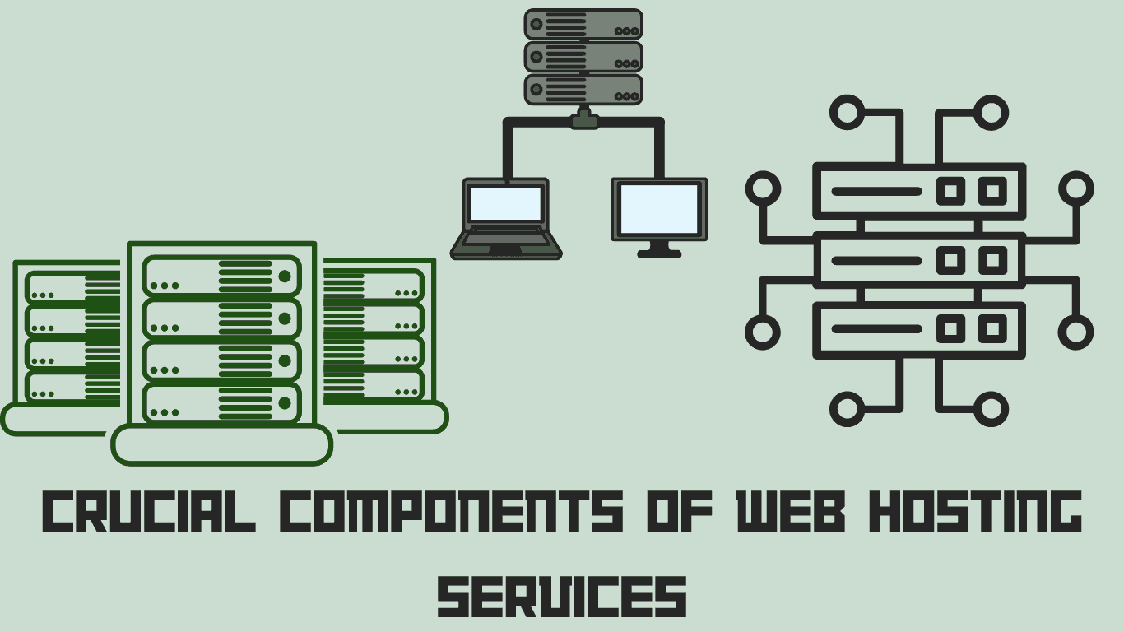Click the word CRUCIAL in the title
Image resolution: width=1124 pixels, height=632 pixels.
148,511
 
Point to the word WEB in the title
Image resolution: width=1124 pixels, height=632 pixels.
790,511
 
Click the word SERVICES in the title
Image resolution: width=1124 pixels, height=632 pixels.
562,596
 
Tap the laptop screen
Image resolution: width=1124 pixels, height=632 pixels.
506,203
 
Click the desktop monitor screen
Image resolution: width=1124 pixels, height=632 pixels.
659,208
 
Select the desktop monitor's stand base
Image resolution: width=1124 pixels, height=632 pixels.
659,253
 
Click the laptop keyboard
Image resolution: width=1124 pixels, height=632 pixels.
506,239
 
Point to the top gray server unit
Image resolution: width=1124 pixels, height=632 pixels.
583,24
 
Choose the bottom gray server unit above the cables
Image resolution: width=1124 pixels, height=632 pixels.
583,90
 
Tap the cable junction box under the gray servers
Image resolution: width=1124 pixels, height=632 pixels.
584,121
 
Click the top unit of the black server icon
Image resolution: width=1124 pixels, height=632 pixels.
919,191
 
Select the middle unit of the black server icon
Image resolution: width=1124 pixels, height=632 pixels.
919,261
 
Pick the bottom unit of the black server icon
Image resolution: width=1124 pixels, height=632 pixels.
919,330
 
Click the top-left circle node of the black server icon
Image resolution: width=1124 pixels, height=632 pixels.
848,112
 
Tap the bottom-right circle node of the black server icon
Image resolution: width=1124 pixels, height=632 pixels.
991,409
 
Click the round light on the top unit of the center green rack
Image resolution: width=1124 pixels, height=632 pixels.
285,276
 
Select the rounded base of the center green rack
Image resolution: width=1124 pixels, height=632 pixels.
221,444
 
